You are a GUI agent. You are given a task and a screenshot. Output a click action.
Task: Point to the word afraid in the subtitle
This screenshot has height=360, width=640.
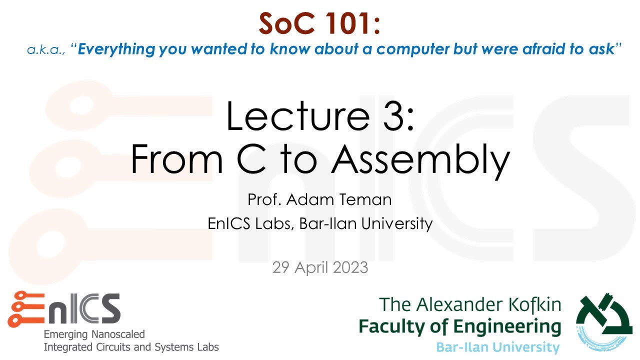point(560,50)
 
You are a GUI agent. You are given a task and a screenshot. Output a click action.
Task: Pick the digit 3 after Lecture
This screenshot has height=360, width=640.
point(390,116)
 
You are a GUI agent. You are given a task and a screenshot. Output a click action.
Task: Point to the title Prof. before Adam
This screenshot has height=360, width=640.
point(265,200)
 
